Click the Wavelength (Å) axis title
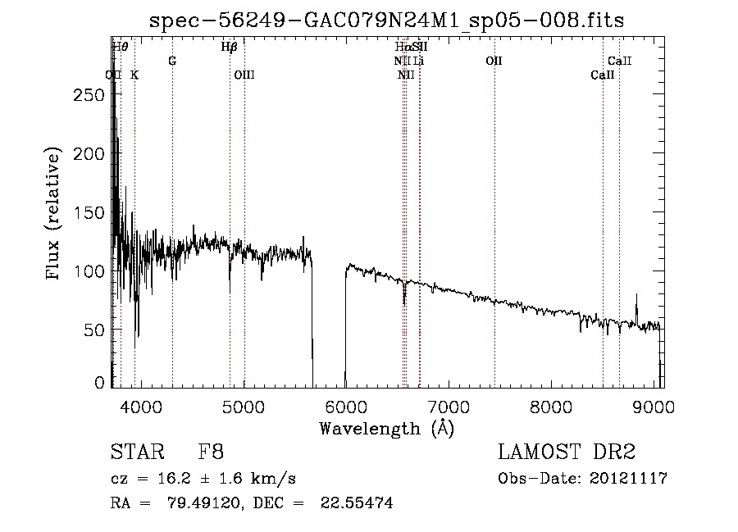click(386, 428)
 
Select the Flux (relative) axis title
click(55, 215)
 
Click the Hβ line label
click(230, 47)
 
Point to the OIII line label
click(244, 75)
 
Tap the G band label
click(172, 61)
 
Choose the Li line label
click(419, 61)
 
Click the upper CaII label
click(619, 61)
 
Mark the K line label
click(134, 75)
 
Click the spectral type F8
click(211, 452)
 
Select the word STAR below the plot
click(136, 452)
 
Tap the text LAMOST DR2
click(567, 452)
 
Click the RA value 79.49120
click(211, 503)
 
